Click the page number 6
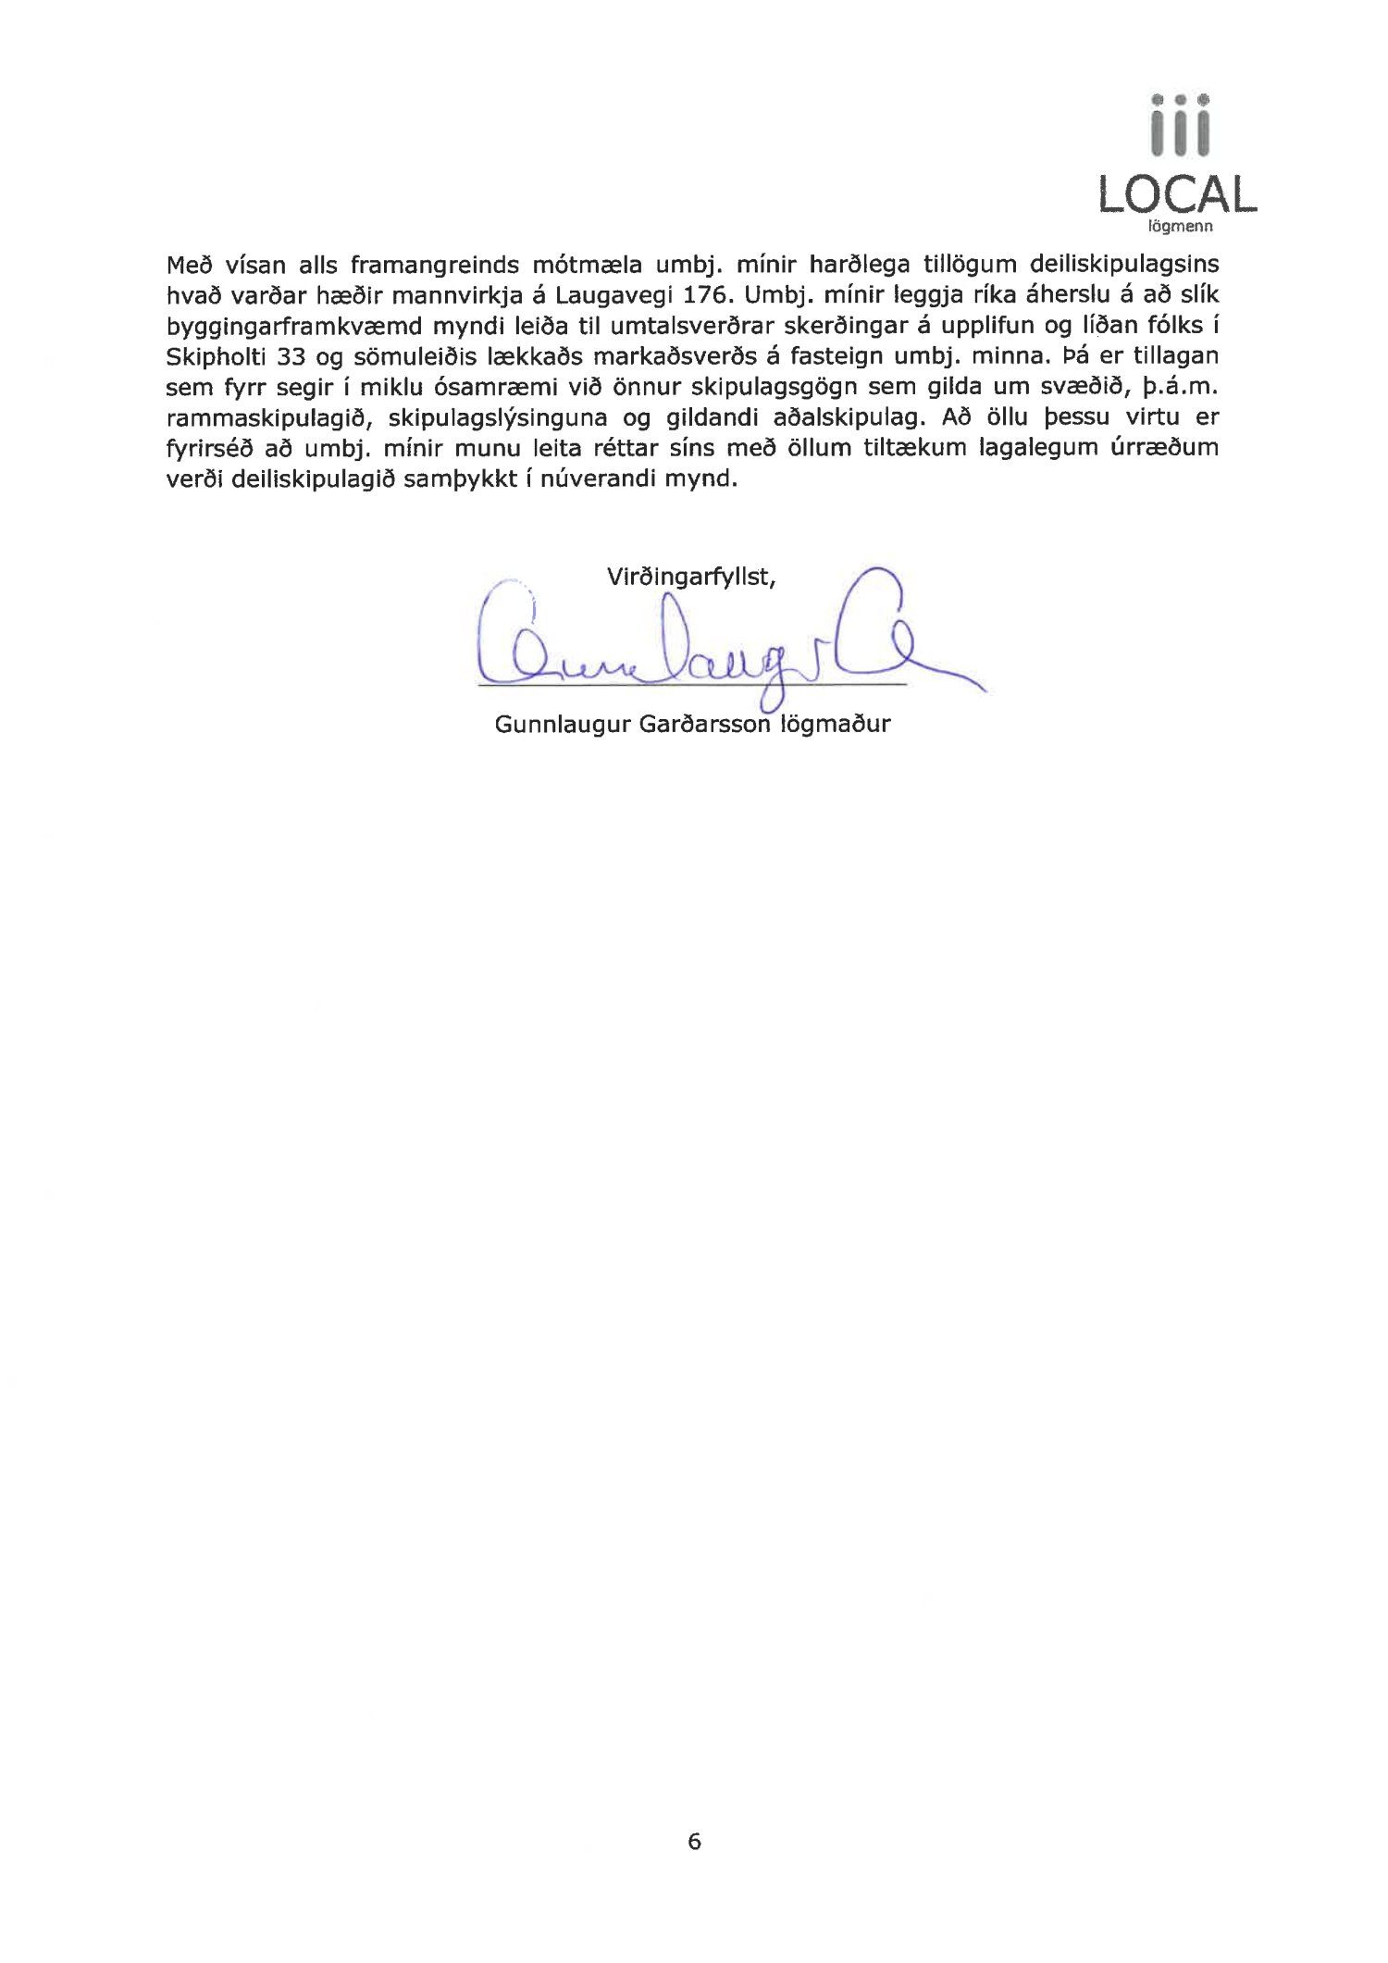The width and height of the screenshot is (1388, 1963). click(x=694, y=1841)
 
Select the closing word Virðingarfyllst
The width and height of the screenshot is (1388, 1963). click(x=690, y=578)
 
